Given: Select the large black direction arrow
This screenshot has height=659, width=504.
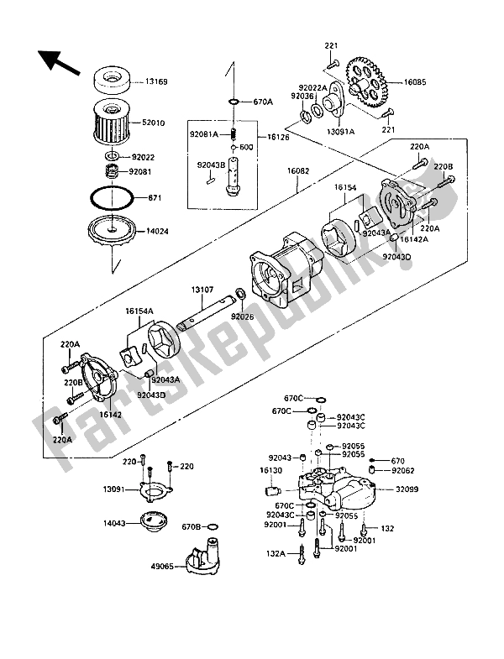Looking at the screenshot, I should pos(57,60).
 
